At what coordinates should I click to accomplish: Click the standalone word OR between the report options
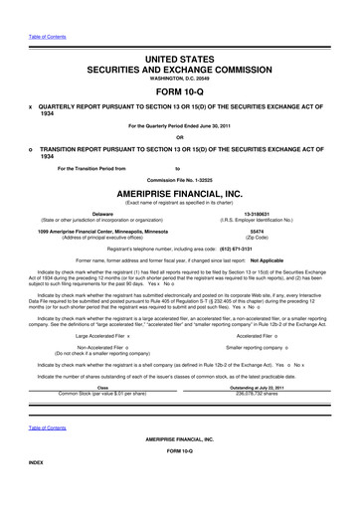(x=180, y=136)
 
